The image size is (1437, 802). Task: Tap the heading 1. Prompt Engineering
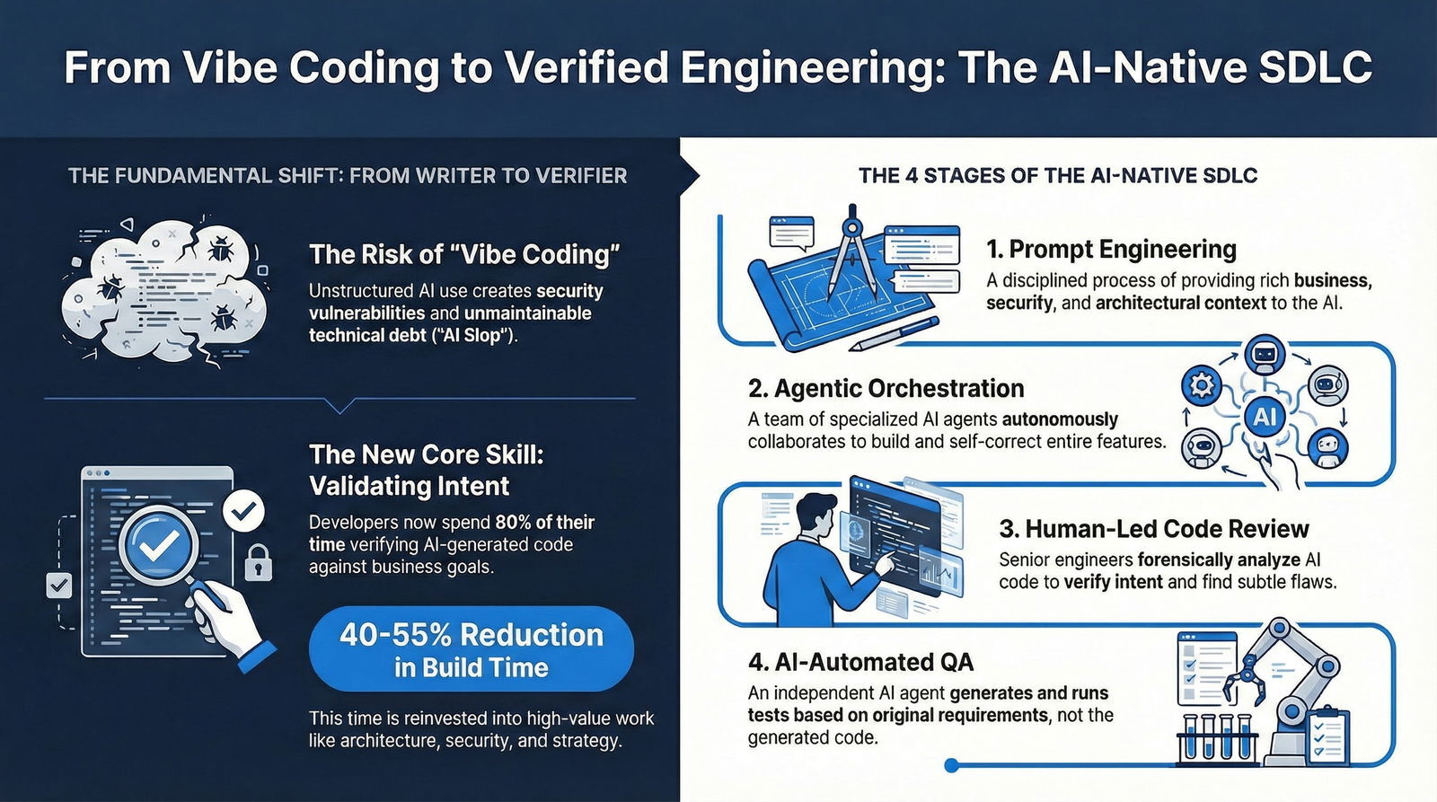pos(1111,249)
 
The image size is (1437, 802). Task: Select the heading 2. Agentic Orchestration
pos(886,388)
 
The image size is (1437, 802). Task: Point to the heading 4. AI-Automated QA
pos(860,662)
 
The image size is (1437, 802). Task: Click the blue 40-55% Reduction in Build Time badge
pos(471,649)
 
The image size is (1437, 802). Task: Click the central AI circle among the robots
pos(1265,416)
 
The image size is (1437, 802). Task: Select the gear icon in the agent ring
pos(1201,386)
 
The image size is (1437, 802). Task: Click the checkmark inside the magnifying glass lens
pos(161,541)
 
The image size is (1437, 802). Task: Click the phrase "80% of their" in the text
pos(544,522)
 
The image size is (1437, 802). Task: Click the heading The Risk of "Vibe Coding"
pos(464,254)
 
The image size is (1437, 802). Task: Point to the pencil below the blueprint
pos(894,332)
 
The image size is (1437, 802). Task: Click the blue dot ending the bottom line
pos(952,765)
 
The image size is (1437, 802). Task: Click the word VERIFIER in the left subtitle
pos(581,175)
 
